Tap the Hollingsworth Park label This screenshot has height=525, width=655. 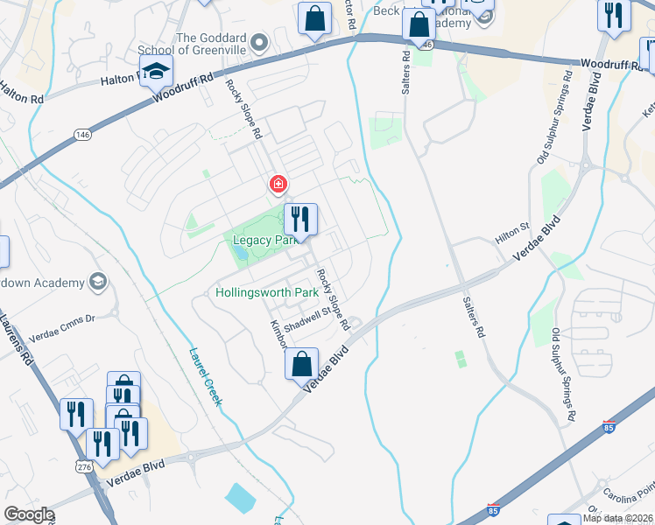266,292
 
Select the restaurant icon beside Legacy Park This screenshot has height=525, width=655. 300,219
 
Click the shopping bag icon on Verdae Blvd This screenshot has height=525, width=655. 302,364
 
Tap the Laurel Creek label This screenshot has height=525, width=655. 206,377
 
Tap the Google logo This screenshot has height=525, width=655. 29,514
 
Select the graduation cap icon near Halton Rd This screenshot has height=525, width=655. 156,72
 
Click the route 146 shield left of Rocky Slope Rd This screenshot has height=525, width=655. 81,134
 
